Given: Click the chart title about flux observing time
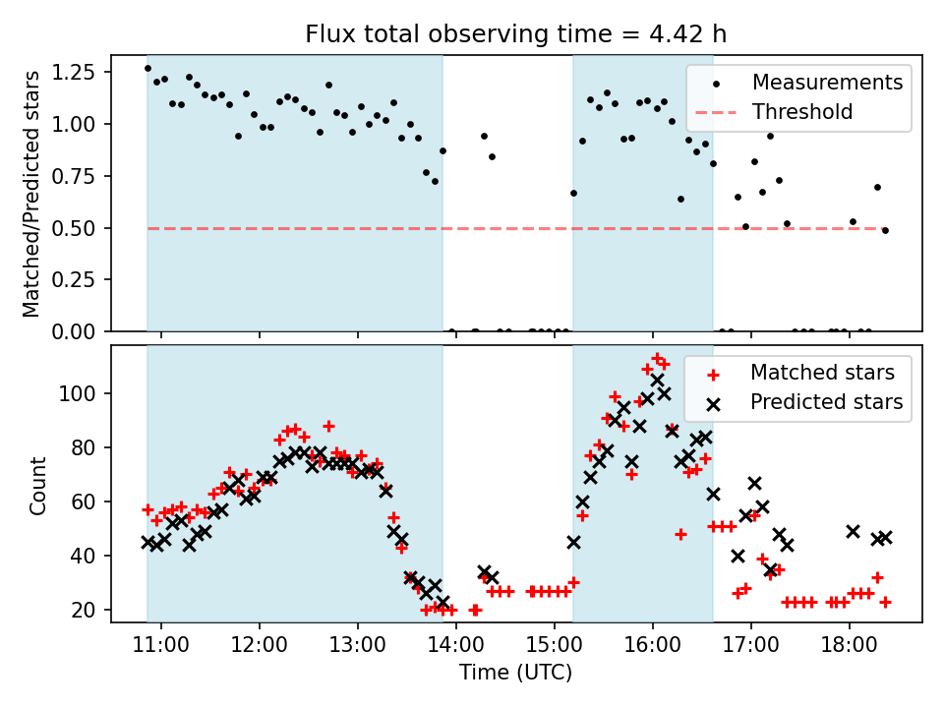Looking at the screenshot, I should [516, 34].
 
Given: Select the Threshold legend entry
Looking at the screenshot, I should [802, 112].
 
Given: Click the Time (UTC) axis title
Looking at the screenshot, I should [516, 674].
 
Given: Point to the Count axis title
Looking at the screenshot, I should [38, 484].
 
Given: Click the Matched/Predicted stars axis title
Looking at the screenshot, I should [31, 194].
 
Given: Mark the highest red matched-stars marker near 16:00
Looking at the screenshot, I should [657, 358].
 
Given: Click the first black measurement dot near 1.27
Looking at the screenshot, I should [147, 68].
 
